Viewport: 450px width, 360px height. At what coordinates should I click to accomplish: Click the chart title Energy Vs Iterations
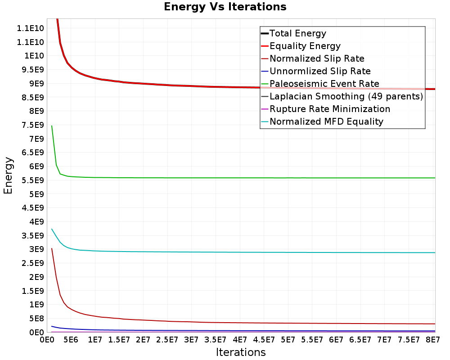(x=225, y=7)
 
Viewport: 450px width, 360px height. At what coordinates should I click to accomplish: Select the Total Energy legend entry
(x=293, y=33)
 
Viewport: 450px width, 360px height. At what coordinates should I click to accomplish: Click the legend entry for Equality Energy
(x=301, y=46)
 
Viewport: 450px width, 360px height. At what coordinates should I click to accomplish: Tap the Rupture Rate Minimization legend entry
(x=326, y=109)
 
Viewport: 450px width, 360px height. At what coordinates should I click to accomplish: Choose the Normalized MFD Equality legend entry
(x=322, y=121)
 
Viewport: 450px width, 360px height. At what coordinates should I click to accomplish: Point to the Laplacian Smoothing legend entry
(x=342, y=96)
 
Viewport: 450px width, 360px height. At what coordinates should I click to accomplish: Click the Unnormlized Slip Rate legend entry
(x=316, y=71)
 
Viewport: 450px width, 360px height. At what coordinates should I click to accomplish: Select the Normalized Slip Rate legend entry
(x=313, y=58)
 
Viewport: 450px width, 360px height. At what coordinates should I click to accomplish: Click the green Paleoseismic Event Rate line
(x=243, y=178)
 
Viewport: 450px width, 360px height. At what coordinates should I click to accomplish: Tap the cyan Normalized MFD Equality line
(x=243, y=252)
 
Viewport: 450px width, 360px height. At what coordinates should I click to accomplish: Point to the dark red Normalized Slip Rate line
(x=243, y=323)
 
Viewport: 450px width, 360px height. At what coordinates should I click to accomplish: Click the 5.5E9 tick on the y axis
(x=33, y=180)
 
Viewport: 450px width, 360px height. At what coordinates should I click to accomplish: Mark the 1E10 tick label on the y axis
(x=34, y=56)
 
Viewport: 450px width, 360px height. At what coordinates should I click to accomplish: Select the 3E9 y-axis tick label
(x=37, y=249)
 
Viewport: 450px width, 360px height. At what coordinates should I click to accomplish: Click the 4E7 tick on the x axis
(x=240, y=340)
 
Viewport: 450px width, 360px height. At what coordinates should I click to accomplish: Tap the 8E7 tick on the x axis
(x=432, y=340)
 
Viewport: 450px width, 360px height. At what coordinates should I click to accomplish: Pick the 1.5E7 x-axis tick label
(x=119, y=340)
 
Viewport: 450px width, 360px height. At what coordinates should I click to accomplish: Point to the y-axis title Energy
(x=8, y=175)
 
